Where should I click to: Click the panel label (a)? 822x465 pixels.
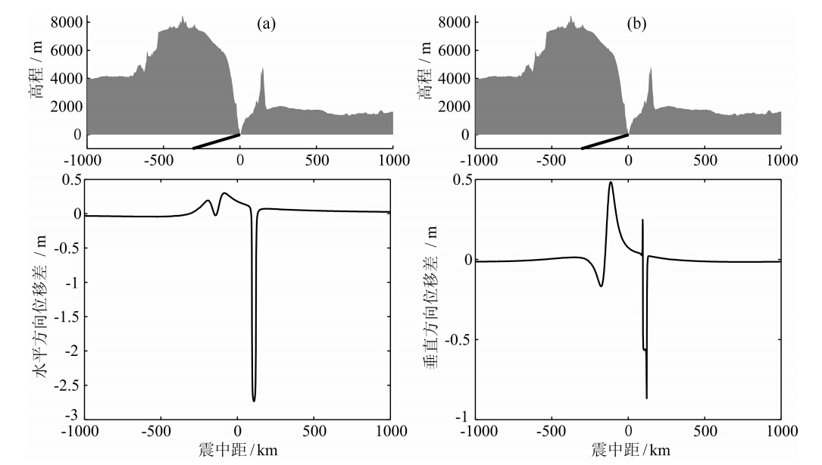point(265,24)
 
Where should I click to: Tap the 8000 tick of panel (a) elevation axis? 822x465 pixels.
point(66,23)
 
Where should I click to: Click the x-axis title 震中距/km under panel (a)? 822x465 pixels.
point(239,450)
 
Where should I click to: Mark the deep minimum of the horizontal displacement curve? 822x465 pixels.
point(254,400)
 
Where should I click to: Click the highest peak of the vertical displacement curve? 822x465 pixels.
point(611,182)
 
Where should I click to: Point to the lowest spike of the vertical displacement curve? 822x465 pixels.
point(646,398)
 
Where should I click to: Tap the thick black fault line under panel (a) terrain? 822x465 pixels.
point(217,142)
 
